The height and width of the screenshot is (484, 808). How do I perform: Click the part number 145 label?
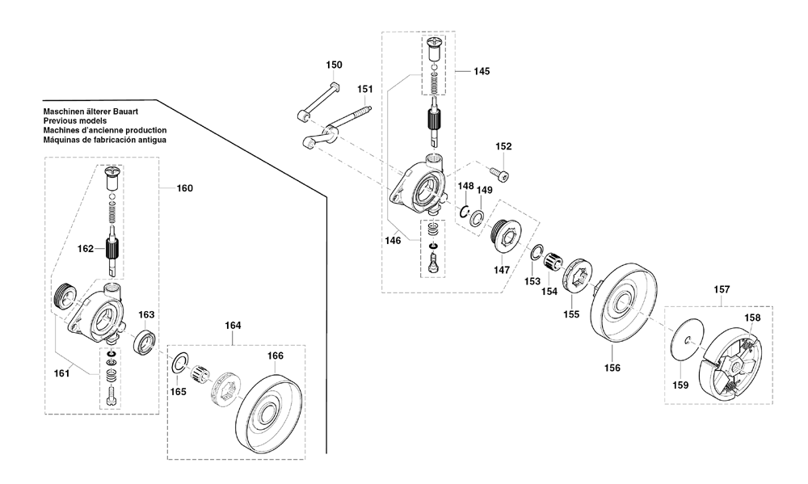pos(482,71)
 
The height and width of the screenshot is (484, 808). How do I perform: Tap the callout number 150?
pos(334,65)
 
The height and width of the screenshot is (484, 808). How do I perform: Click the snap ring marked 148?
pos(464,212)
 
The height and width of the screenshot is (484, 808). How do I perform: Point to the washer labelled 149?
pos(477,217)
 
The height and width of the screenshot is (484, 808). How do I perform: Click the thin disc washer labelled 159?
pos(688,338)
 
